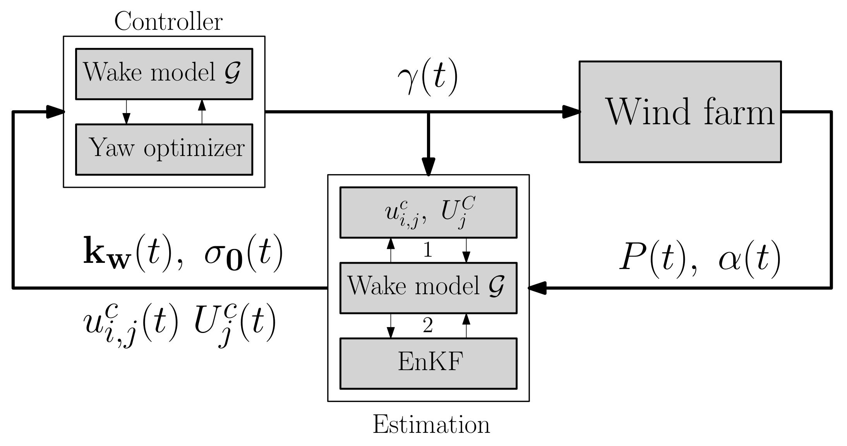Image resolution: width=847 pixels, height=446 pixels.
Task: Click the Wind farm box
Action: tap(680, 111)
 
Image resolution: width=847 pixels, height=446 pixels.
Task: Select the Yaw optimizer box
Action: tap(164, 149)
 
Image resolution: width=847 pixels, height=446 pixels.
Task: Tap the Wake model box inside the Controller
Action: tap(164, 74)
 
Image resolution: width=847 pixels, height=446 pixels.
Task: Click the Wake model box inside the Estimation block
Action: tap(428, 288)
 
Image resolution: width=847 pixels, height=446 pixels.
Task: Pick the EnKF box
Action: tap(428, 363)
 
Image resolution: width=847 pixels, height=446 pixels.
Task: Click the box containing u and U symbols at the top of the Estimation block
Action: tap(428, 212)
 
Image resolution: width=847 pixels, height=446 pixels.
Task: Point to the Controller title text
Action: tap(168, 22)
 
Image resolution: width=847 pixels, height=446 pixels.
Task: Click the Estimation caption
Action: tap(431, 424)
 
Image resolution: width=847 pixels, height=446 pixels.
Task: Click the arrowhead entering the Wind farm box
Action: tap(571, 111)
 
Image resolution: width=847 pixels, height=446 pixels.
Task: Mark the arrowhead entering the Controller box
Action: tap(55, 111)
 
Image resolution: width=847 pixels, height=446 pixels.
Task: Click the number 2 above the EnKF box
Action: tap(427, 326)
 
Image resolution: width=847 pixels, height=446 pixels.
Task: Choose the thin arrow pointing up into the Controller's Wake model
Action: tap(202, 106)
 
